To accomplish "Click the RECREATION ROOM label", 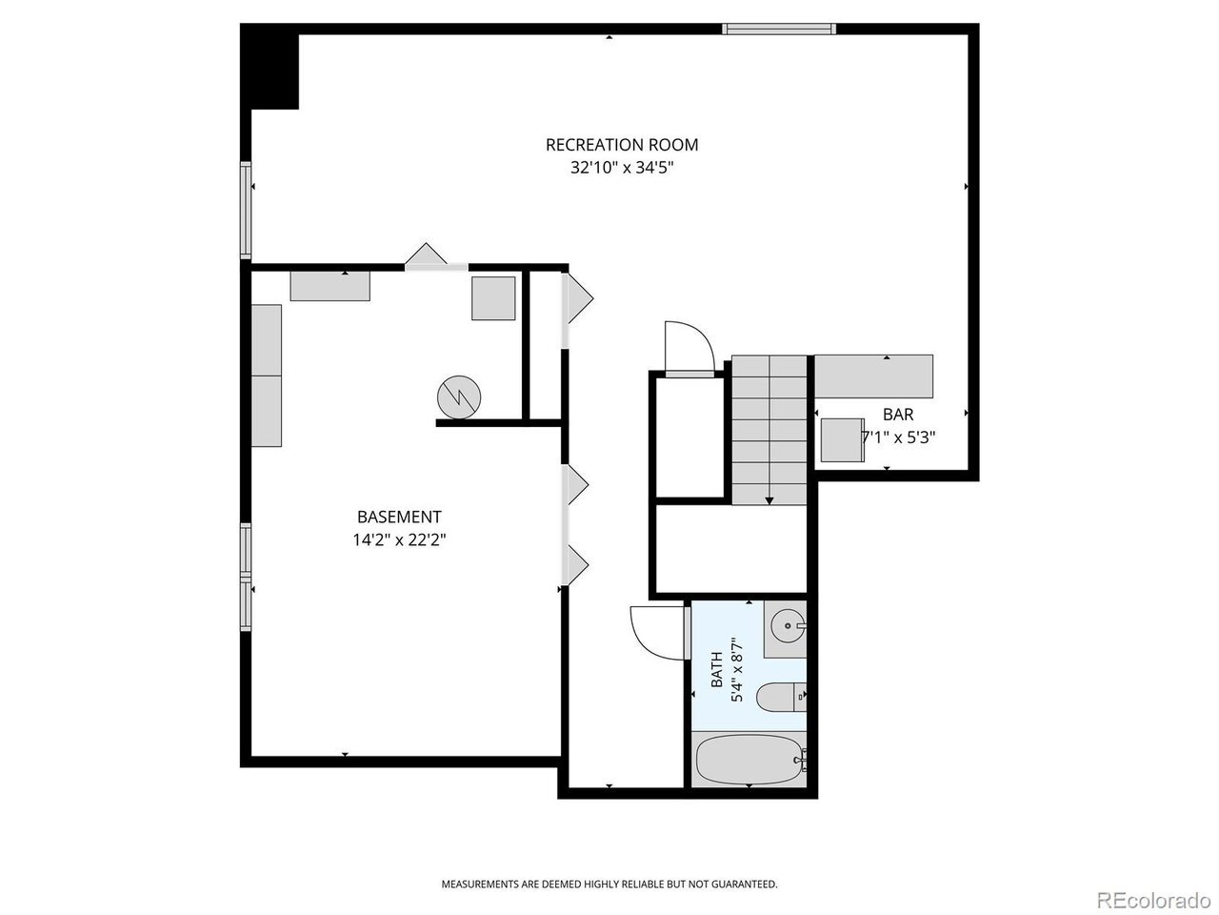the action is pos(622,145).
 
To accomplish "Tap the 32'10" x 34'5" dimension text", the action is pos(622,167).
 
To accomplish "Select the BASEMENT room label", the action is pos(399,518).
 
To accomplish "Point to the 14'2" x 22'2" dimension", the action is pos(399,540).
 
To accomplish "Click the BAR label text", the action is pos(897,415).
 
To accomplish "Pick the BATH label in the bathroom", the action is pos(716,670).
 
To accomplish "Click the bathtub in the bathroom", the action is pos(750,760).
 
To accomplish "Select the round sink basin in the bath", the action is pos(788,626).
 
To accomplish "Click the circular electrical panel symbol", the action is pos(459,397).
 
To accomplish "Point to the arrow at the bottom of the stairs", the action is pos(769,500).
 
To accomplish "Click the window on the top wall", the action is pos(779,29).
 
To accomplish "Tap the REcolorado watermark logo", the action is pos(1153,900).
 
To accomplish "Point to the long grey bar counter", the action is pos(873,376).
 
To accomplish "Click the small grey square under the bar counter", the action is pos(842,440).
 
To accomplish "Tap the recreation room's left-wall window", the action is pos(246,210).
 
